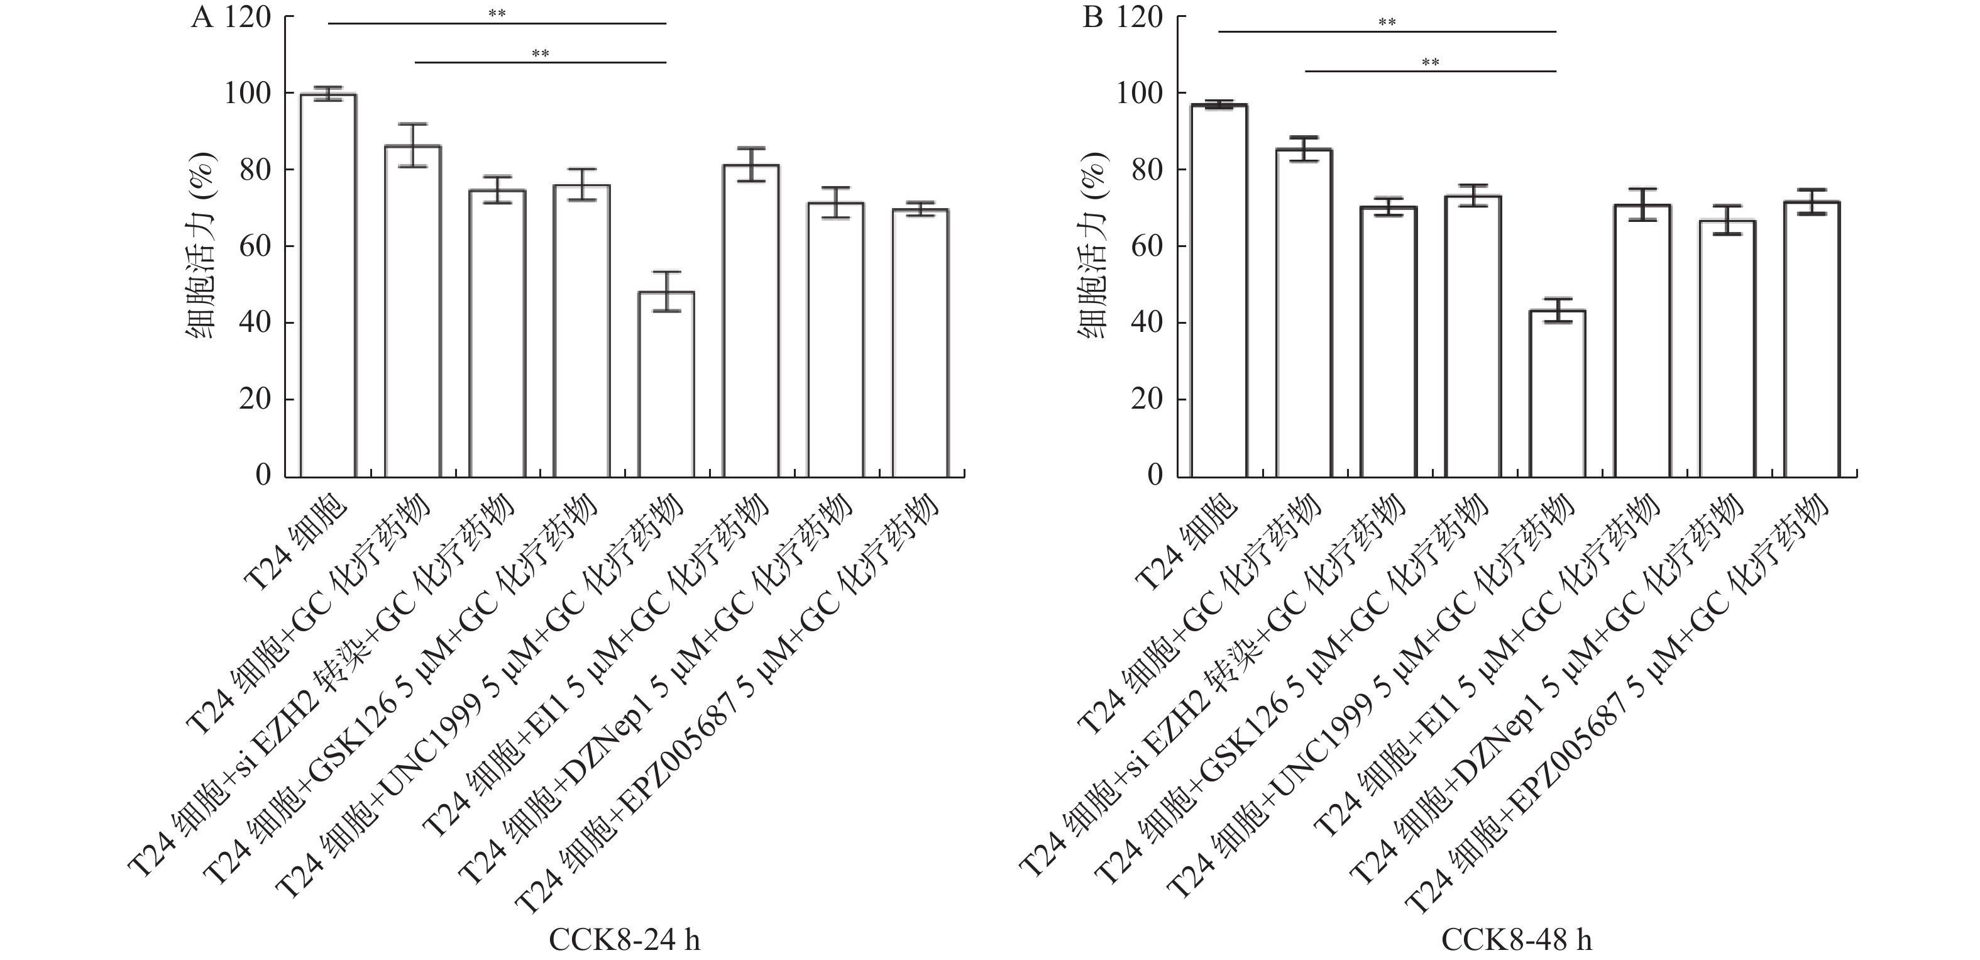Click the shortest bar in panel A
click(666, 384)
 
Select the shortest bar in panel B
click(1557, 394)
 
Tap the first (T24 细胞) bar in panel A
click(328, 284)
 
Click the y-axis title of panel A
click(201, 246)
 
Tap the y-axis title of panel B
click(1092, 246)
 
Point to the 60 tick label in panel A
click(255, 246)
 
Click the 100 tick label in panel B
click(1139, 94)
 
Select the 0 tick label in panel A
click(263, 476)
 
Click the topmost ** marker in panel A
click(497, 14)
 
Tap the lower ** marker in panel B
click(1431, 62)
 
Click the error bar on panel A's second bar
click(413, 145)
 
